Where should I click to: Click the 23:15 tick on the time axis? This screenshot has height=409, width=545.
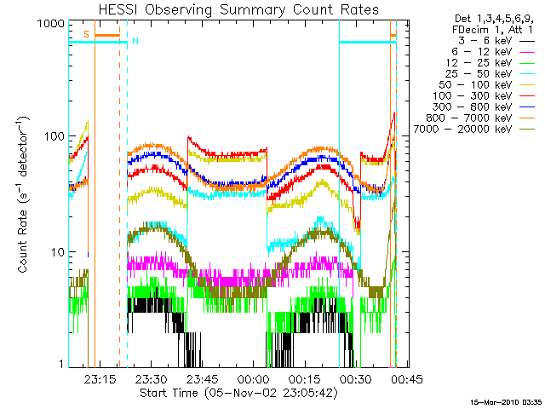[x=101, y=379]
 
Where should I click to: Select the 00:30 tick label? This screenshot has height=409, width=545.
[x=353, y=379]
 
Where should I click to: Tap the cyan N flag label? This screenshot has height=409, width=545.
[x=134, y=41]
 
